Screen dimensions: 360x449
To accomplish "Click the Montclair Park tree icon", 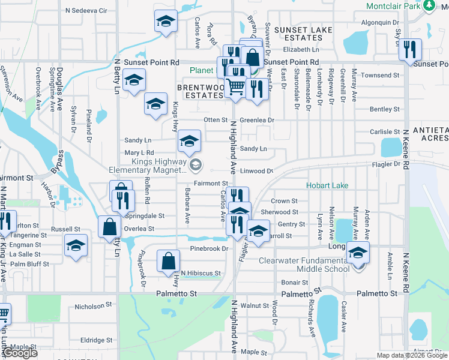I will click(x=429, y=6).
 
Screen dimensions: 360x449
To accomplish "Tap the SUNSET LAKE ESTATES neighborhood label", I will click(x=299, y=34).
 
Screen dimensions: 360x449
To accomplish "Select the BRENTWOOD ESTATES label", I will click(x=203, y=91).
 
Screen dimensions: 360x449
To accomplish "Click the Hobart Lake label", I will click(x=327, y=186).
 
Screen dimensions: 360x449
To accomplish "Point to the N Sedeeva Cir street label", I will click(x=86, y=11).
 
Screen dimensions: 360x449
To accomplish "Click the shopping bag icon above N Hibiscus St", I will click(x=169, y=261).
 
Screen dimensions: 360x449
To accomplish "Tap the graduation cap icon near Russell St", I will click(x=76, y=245).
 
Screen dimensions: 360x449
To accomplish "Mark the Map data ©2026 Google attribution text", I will click(x=411, y=355).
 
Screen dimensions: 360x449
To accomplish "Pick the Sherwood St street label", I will click(x=279, y=212).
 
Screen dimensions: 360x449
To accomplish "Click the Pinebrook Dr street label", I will click(x=209, y=248).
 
